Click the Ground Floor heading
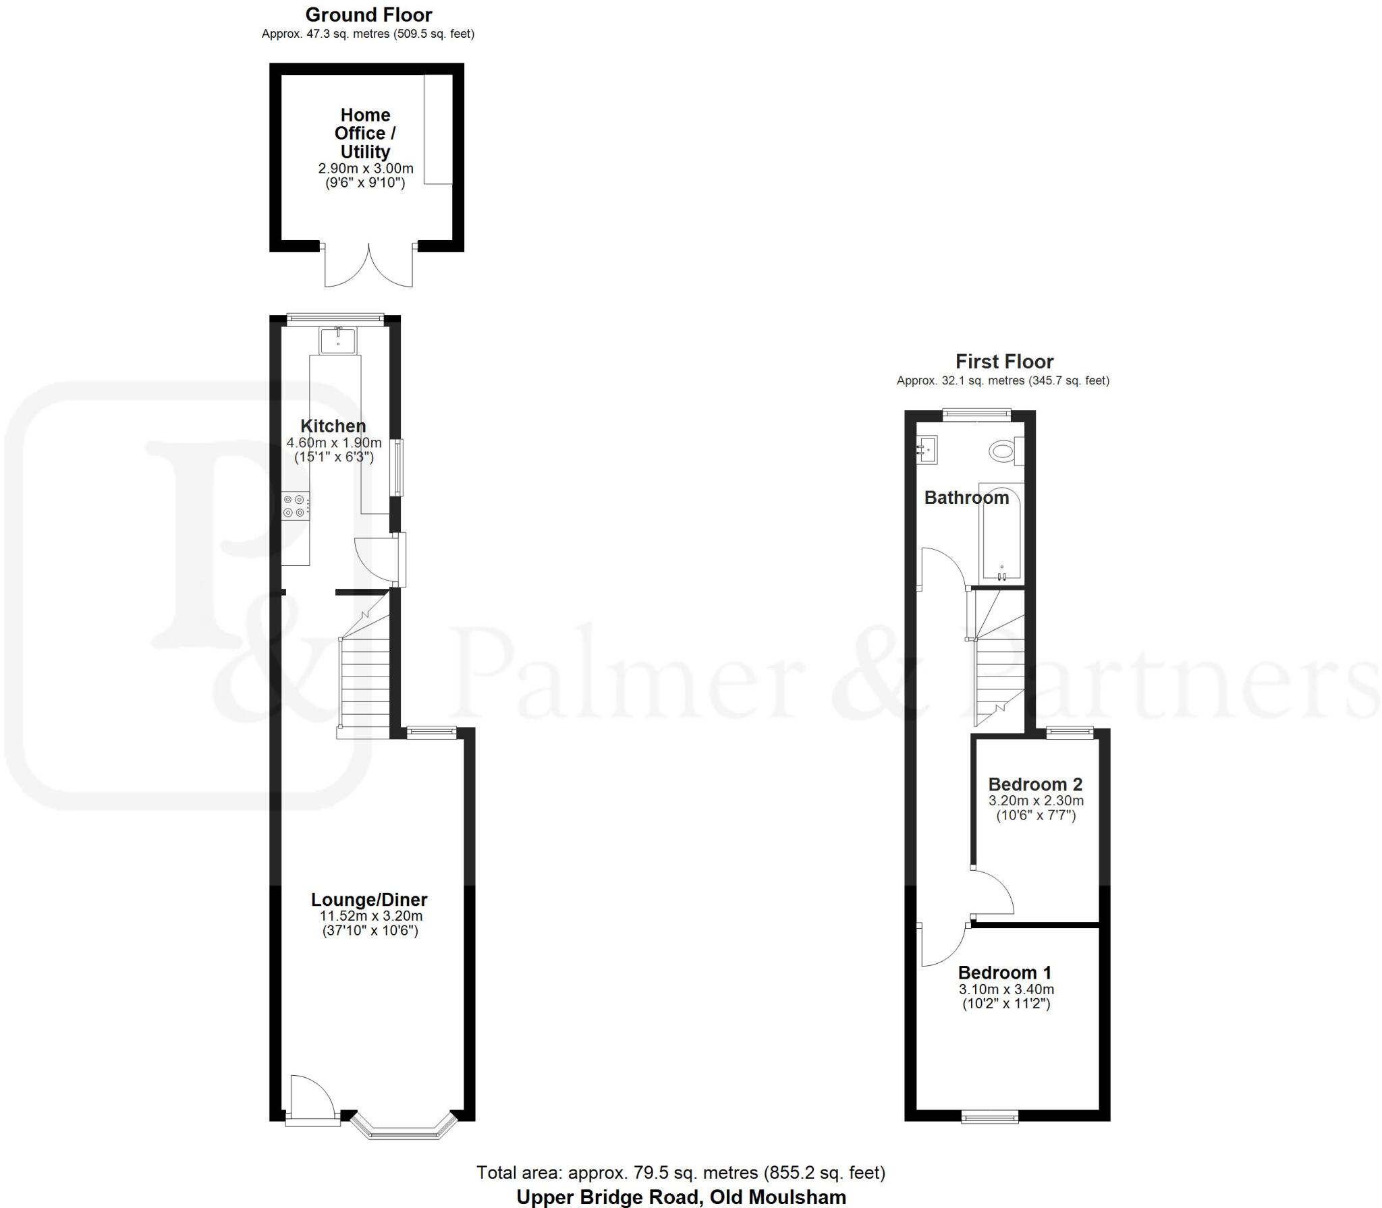click(x=368, y=15)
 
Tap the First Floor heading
click(x=1004, y=362)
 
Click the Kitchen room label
click(x=333, y=426)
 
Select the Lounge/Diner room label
click(x=369, y=899)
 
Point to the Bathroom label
click(x=966, y=498)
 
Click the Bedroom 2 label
click(x=1035, y=784)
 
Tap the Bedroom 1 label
click(x=1005, y=973)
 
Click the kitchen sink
click(x=338, y=340)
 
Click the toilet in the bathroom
click(x=1004, y=451)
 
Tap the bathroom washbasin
click(x=927, y=449)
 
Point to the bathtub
click(x=1001, y=533)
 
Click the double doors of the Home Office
click(x=368, y=266)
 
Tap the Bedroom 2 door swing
click(x=993, y=894)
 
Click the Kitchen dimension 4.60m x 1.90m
click(x=334, y=443)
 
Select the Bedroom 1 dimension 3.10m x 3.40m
click(x=1006, y=989)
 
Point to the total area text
click(x=681, y=1172)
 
